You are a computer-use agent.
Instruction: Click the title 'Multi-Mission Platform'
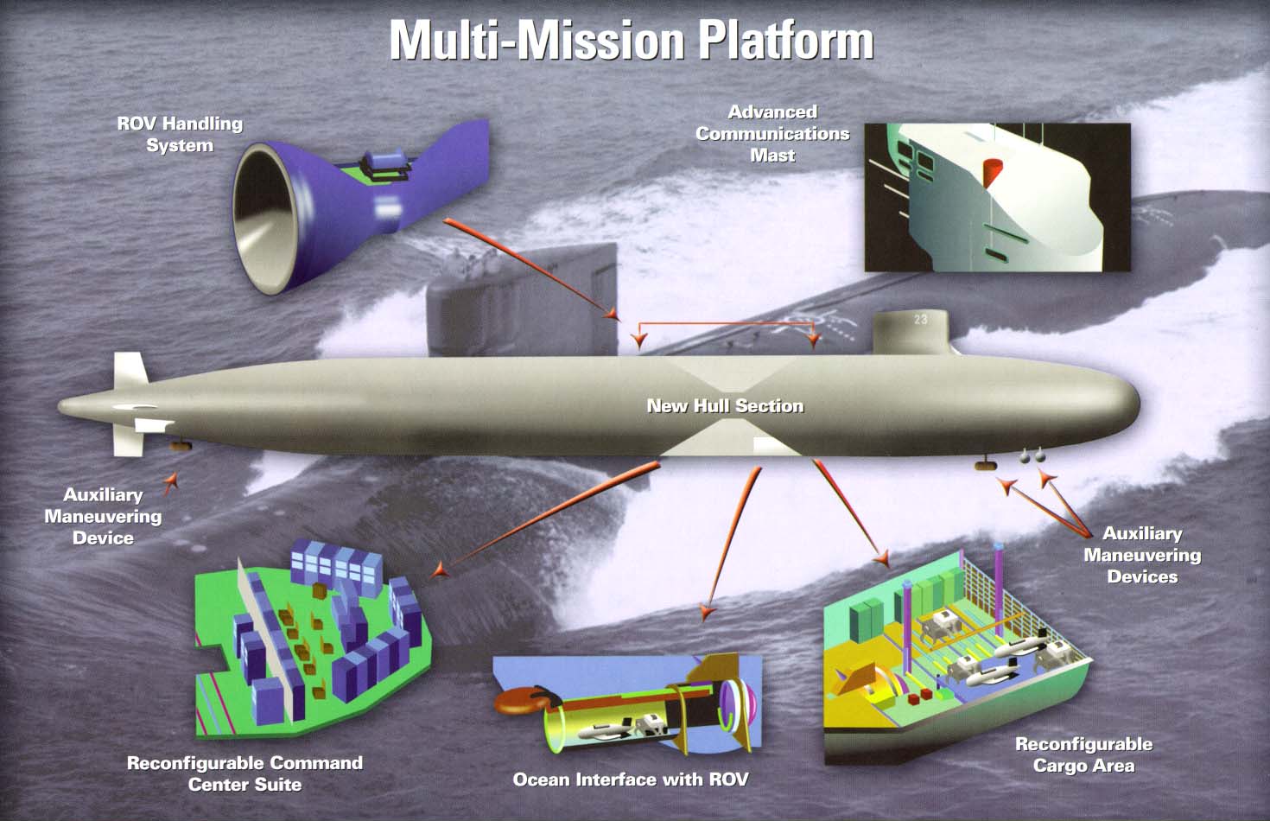tap(632, 41)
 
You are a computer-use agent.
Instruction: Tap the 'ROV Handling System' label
tap(180, 134)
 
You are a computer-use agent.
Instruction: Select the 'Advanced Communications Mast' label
tap(772, 134)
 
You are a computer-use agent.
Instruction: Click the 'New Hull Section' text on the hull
tap(725, 406)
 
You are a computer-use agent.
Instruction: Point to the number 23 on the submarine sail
tap(921, 320)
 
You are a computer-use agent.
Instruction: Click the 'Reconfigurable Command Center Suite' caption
tap(245, 773)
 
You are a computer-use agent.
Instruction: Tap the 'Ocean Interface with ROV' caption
tap(631, 780)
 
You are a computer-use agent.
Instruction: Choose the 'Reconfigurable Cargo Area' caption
tap(1083, 754)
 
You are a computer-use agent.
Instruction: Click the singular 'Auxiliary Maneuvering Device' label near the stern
tap(103, 516)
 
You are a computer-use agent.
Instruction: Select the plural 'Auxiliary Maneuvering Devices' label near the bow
tap(1142, 555)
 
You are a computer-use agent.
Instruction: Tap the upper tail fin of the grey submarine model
tap(130, 370)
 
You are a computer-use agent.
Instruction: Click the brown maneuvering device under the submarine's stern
tap(181, 445)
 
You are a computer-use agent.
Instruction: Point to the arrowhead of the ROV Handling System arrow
tap(612, 314)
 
